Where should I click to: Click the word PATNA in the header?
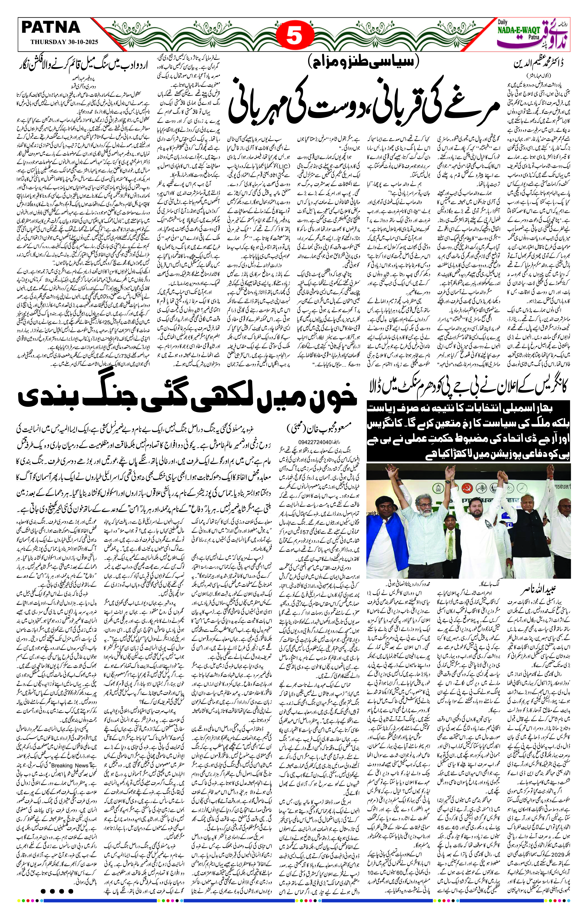click(51, 28)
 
